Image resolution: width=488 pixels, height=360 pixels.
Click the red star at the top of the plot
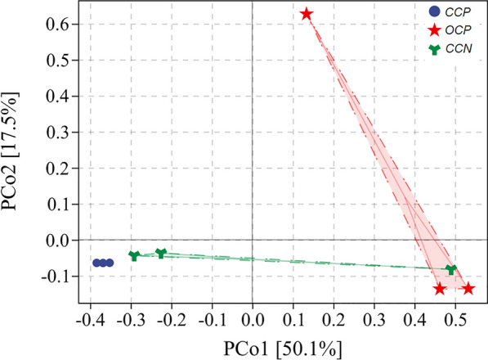click(306, 14)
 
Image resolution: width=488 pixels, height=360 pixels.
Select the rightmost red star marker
click(468, 288)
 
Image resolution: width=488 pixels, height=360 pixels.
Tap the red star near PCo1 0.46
click(440, 288)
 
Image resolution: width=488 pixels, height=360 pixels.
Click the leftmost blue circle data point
click(97, 263)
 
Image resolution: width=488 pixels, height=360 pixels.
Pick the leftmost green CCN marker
click(135, 256)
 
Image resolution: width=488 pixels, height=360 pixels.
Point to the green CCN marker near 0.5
click(451, 269)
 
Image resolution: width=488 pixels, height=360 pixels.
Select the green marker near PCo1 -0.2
click(161, 254)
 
